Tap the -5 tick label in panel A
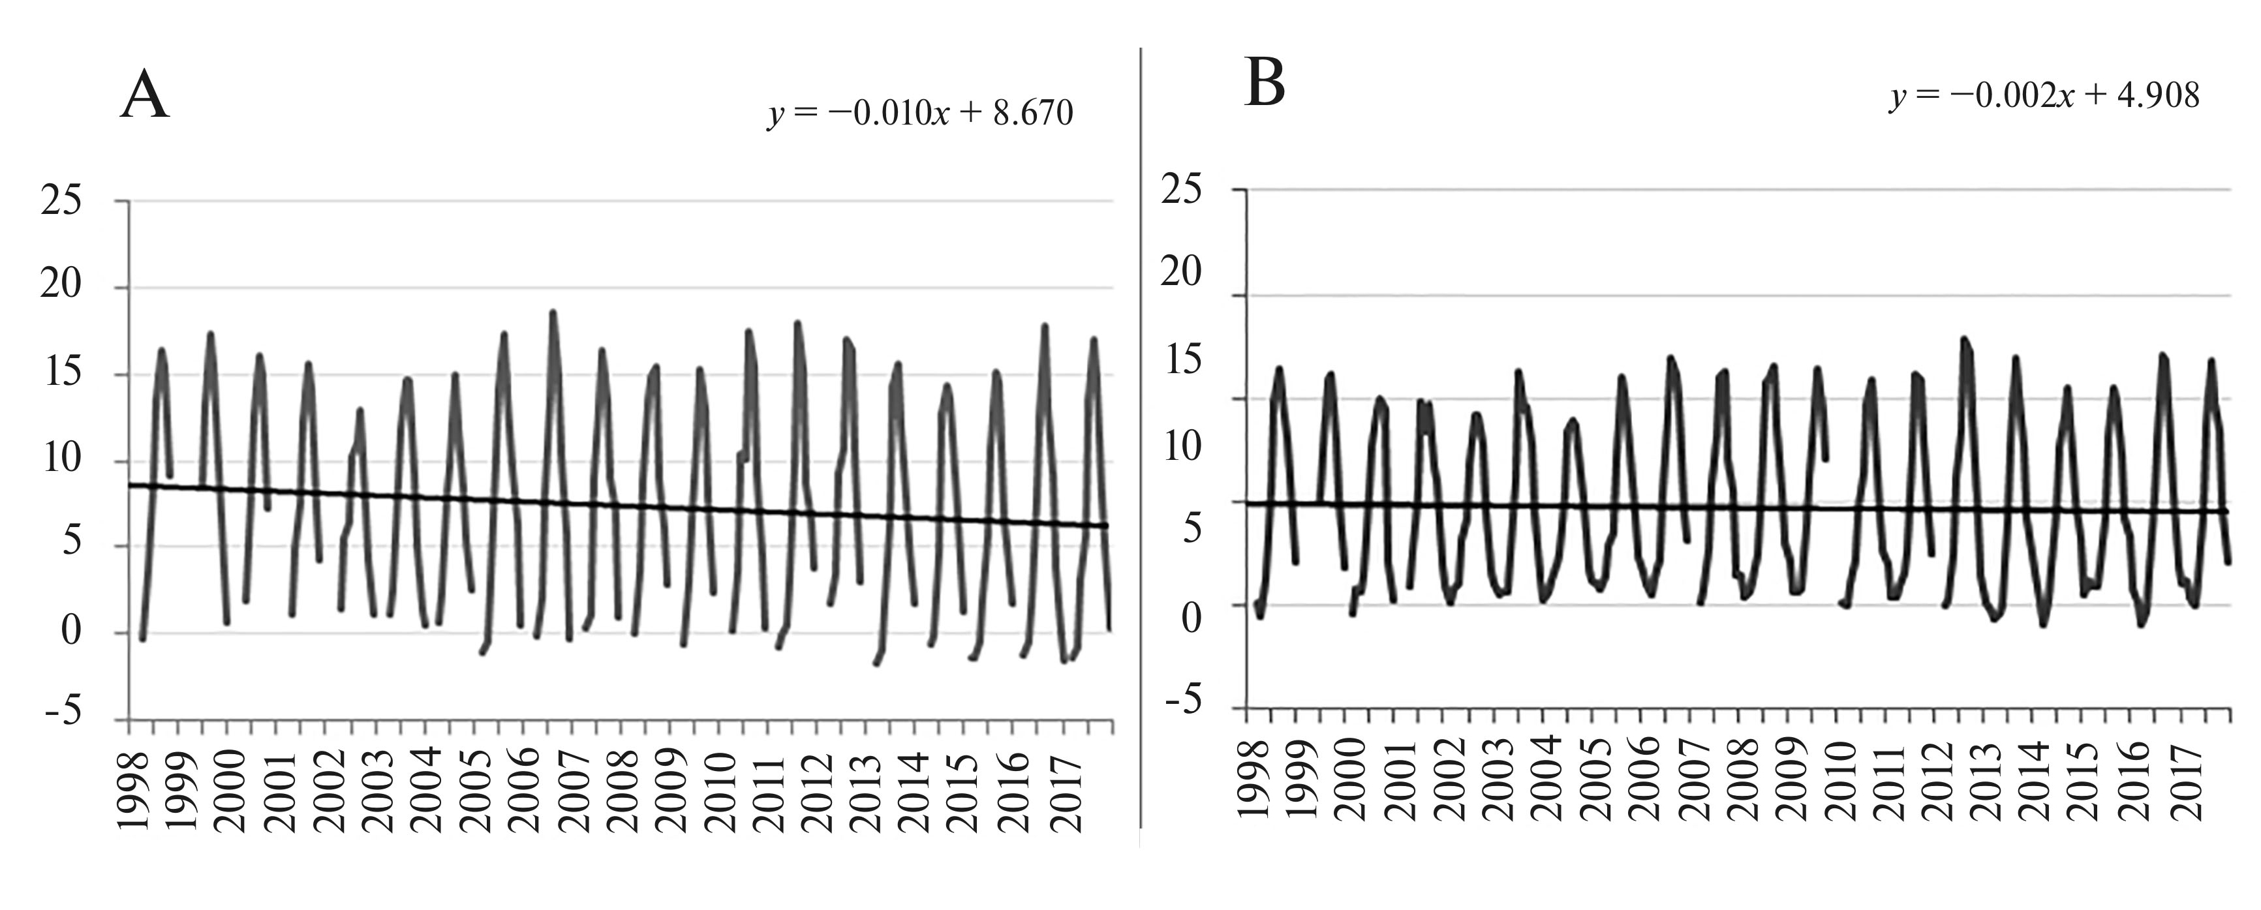[61, 712]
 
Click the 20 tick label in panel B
[1180, 273]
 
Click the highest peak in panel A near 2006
[553, 312]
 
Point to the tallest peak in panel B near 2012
[1963, 338]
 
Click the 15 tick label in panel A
[61, 374]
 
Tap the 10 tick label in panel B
[1180, 446]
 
